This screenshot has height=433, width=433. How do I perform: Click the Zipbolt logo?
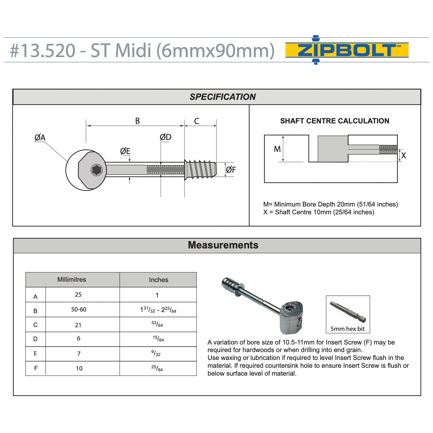pos(347,50)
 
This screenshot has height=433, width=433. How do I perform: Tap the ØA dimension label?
pos(40,137)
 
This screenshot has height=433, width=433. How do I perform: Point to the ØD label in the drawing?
pos(165,137)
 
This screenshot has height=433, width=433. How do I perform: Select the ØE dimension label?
pos(125,151)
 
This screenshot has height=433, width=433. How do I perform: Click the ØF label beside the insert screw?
pos(231,170)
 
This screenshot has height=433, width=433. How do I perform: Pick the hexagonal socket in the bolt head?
pos(97,170)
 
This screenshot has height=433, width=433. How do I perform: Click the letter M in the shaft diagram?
pos(277,149)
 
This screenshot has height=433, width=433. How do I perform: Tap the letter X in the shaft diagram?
pos(404,155)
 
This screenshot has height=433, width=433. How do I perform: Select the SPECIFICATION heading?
pos(222,97)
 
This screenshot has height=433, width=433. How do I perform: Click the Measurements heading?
pos(223,245)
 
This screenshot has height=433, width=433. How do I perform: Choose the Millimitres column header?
pos(72,280)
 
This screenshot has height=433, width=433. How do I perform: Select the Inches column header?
pos(159,280)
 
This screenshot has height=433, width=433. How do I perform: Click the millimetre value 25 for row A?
pos(78,294)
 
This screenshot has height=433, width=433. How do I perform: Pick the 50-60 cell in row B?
pos(79,309)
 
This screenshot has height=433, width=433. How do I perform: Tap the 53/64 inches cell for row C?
pos(157,324)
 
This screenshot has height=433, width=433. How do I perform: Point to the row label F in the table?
pos(36,368)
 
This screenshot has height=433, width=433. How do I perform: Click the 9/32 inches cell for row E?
pos(156,353)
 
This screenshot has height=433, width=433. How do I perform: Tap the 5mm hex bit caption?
pos(347,329)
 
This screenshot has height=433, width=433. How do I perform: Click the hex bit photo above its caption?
pos(348,312)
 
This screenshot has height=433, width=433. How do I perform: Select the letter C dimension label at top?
pos(196,121)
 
